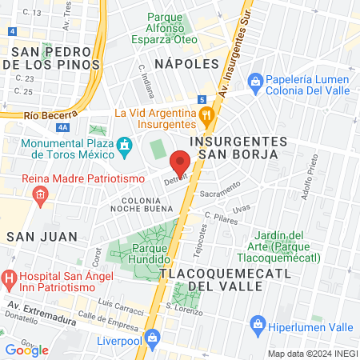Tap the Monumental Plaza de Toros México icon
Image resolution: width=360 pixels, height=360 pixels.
125,146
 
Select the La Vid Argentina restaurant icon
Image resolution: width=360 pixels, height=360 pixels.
207,118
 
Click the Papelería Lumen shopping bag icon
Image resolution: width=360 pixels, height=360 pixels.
255,81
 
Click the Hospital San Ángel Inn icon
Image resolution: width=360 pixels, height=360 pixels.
8,280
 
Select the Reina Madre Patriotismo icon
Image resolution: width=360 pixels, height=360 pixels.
38,194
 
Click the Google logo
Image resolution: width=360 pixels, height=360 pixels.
26,350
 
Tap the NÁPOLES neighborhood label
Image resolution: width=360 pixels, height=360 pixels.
186,63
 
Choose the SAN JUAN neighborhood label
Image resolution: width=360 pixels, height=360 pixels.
42,236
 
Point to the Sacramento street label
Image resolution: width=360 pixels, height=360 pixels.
220,192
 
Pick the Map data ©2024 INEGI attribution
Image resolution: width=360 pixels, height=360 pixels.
311,353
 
